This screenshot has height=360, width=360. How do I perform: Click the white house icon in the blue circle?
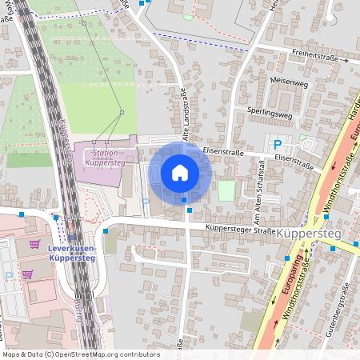(180, 172)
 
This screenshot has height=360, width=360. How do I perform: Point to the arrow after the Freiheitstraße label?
(347, 60)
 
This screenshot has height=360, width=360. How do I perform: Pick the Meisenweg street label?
(290, 82)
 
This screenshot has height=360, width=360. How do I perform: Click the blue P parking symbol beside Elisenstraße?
(278, 144)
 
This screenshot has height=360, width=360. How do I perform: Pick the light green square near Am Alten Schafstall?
(227, 190)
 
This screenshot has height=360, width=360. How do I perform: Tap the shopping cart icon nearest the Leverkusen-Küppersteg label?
(34, 243)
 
